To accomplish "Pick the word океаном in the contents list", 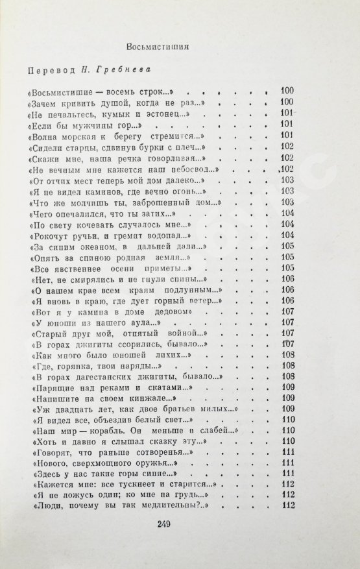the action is point(95,247).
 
